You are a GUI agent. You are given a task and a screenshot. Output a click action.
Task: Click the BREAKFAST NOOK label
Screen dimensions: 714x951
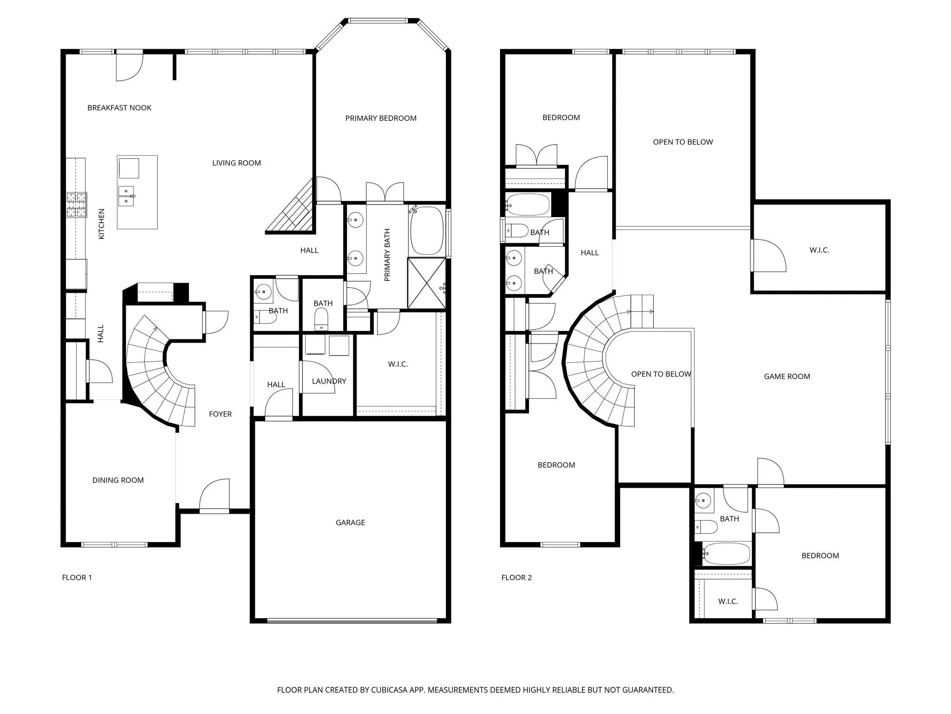pos(119,108)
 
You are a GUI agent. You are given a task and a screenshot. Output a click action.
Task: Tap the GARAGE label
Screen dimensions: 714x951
pos(350,522)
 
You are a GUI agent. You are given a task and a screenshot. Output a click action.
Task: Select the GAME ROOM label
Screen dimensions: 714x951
pos(787,377)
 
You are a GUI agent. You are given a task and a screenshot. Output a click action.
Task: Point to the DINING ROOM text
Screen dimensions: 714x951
pos(118,480)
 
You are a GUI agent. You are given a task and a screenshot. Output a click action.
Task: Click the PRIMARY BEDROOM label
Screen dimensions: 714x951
pos(381,118)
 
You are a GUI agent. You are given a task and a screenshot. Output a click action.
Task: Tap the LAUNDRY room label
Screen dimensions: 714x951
pos(329,381)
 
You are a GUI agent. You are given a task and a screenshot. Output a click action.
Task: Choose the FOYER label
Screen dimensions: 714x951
pos(220,414)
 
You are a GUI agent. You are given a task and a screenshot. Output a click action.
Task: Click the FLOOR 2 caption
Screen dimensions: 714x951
pos(516,578)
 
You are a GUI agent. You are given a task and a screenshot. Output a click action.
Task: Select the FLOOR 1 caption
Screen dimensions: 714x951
pos(77,578)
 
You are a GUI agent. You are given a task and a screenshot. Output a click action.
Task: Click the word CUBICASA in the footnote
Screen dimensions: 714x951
pos(390,690)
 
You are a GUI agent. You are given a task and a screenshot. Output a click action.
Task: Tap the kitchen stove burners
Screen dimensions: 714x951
pos(77,205)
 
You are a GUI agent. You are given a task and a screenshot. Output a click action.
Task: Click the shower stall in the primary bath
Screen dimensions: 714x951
pos(426,283)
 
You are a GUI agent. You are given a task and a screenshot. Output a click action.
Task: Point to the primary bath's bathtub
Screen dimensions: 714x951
pos(427,231)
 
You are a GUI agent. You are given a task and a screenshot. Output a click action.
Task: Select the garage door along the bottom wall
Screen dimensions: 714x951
pos(352,621)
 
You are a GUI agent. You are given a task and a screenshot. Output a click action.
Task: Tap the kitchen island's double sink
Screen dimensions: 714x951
pos(126,196)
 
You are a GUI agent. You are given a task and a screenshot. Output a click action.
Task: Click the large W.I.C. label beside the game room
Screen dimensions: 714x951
pos(819,250)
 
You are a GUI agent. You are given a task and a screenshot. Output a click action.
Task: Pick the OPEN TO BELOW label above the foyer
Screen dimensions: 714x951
pos(661,374)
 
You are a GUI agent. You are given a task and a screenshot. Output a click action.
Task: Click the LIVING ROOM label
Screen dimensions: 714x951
pos(236,163)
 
